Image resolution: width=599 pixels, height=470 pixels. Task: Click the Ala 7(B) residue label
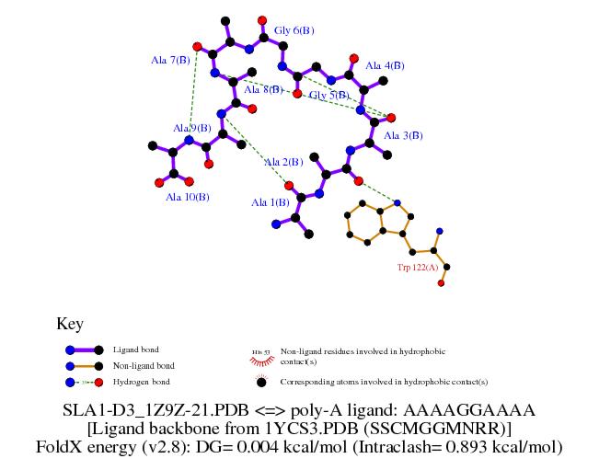coord(170,61)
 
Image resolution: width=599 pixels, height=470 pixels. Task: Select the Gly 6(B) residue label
coord(294,31)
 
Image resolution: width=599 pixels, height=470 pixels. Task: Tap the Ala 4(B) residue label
coord(385,66)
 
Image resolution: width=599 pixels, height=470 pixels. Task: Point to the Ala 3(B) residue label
coord(403,135)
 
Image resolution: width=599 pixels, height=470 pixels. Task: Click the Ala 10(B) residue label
coord(187,197)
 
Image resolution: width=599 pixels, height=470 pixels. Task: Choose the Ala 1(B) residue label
coord(271,202)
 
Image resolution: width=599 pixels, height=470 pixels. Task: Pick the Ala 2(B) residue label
coord(283,163)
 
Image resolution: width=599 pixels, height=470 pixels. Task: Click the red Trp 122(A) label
coord(417,268)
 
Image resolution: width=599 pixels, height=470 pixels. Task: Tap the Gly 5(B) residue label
coord(328,95)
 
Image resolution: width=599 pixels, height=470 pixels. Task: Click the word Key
coord(70,324)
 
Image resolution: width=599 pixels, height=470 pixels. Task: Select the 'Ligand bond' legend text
coord(135,350)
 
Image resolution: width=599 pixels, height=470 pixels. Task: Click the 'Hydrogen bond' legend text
coord(141,381)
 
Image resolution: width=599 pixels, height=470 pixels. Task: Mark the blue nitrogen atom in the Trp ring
coord(397,202)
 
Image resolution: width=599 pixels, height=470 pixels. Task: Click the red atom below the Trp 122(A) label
coord(441,283)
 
